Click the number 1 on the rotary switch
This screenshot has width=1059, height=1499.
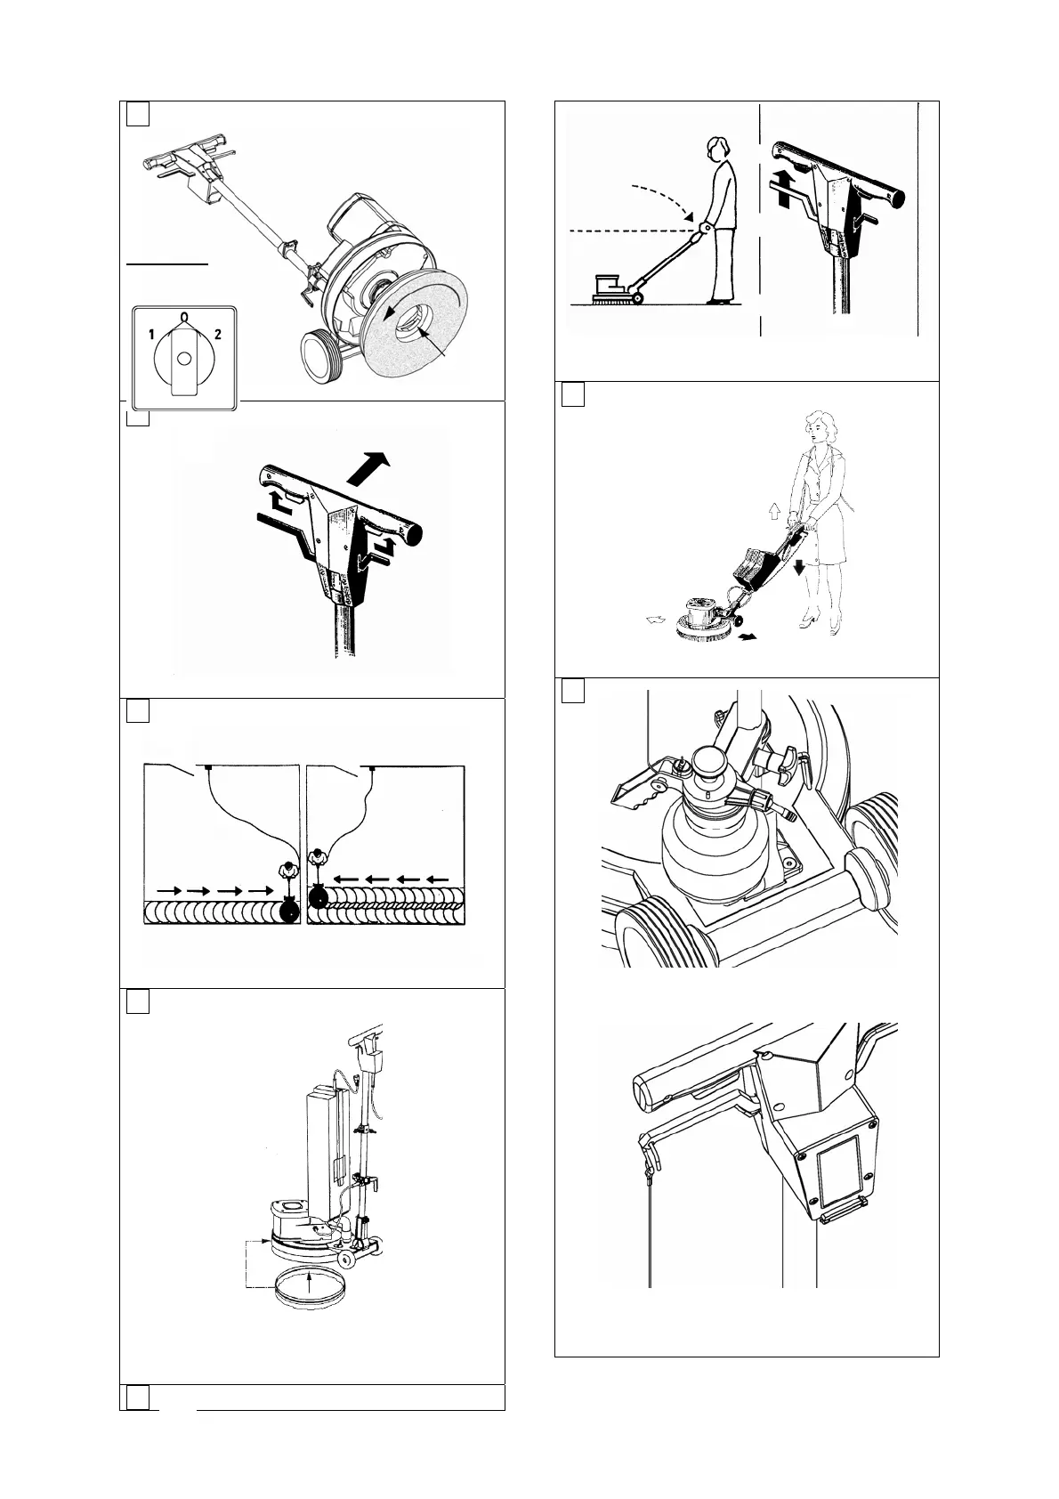click(152, 334)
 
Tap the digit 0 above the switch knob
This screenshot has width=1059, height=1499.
click(183, 316)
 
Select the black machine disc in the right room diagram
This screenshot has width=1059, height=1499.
click(317, 897)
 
